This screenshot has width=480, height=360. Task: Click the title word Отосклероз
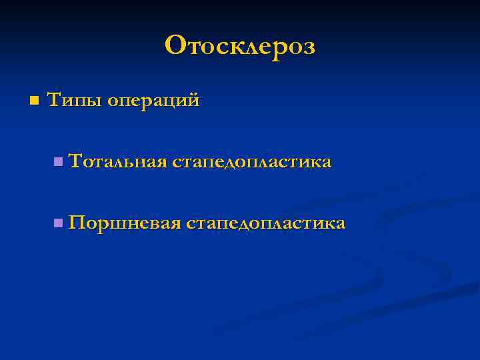(240, 45)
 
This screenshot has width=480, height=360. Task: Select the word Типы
(74, 101)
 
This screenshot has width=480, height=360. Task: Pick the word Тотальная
(117, 161)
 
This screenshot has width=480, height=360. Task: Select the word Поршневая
(125, 222)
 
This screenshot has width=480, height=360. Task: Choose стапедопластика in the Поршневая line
(266, 223)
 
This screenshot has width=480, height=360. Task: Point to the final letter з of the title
(308, 47)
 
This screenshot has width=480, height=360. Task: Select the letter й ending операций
(193, 101)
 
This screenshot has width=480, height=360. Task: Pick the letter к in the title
(233, 47)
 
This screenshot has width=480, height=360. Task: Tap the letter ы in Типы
(92, 102)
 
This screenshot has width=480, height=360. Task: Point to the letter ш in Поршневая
(113, 223)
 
